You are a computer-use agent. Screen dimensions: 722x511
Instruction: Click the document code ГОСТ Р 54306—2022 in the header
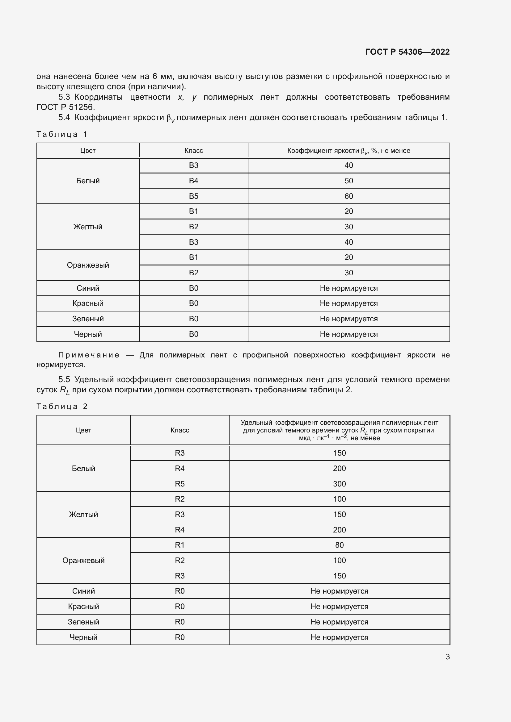click(x=407, y=52)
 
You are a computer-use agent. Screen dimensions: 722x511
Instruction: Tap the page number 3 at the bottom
click(x=447, y=657)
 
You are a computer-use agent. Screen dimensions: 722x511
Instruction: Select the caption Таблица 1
click(x=62, y=134)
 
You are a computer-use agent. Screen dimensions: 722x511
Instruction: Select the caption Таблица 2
click(x=62, y=406)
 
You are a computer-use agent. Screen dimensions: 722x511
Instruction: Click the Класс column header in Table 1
click(x=193, y=151)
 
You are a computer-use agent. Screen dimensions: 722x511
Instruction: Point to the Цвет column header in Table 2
click(x=83, y=430)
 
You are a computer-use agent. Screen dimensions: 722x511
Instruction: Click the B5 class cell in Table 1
click(x=193, y=196)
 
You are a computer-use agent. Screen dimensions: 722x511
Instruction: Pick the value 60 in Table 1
click(x=348, y=196)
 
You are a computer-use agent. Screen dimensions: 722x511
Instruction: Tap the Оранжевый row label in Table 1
click(x=88, y=265)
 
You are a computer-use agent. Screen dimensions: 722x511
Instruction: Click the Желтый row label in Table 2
click(x=83, y=515)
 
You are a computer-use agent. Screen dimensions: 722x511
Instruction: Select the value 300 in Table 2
click(x=339, y=484)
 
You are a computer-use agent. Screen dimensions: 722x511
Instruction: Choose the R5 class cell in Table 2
click(x=180, y=484)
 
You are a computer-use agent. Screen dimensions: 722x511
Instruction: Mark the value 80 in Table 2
click(x=339, y=545)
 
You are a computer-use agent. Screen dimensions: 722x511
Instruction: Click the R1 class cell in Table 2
click(x=180, y=545)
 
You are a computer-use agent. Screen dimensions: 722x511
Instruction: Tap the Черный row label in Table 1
click(x=88, y=334)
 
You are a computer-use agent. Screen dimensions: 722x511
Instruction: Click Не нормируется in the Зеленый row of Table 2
click(x=339, y=622)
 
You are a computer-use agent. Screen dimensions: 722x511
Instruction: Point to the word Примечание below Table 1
click(x=89, y=355)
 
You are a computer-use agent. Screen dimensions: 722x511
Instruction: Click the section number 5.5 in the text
click(x=64, y=380)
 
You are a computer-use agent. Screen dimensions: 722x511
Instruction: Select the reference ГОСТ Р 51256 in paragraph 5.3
click(x=65, y=107)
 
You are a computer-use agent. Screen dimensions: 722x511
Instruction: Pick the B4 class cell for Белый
click(x=193, y=181)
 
